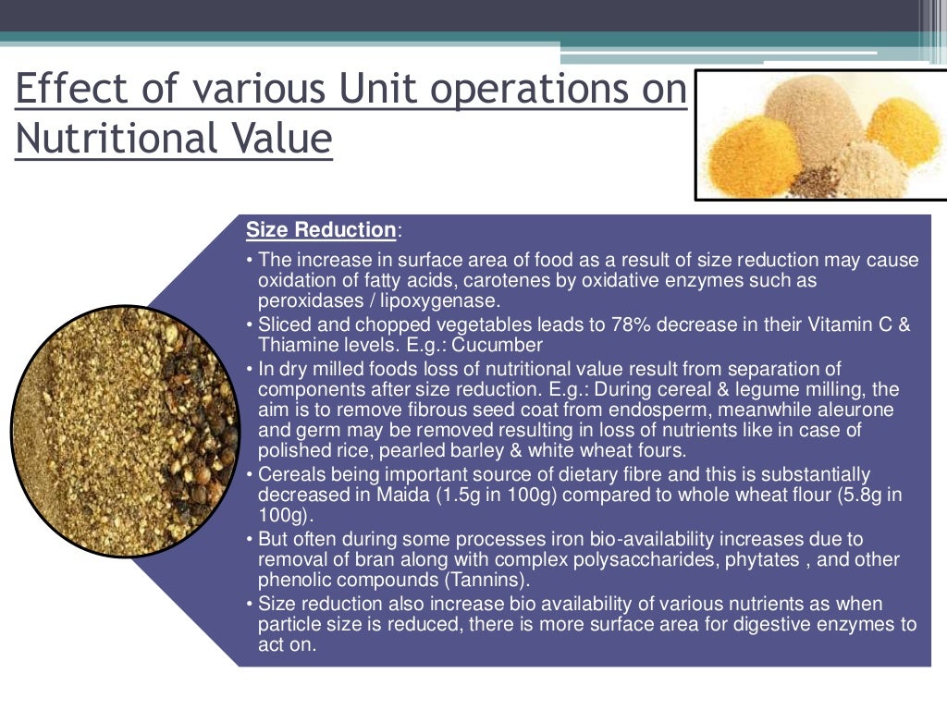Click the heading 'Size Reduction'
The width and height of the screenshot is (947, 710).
pos(320,230)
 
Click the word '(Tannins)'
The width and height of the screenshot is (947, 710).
pos(486,581)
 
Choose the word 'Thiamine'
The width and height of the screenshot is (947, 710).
pos(294,346)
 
